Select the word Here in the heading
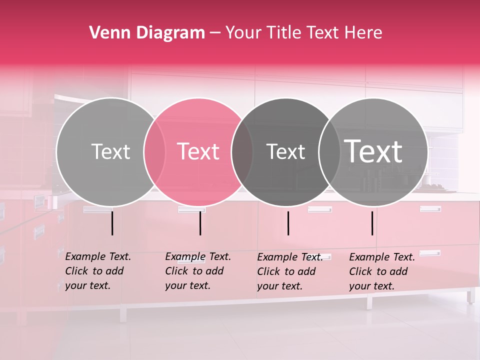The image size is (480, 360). [x=365, y=33]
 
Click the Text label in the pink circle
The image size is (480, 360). [x=198, y=151]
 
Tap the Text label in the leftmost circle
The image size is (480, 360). [x=110, y=151]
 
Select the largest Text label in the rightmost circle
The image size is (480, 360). [x=373, y=151]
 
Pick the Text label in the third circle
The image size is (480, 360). [x=286, y=151]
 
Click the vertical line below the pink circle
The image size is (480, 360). [x=200, y=223]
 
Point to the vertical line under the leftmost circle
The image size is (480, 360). [x=112, y=223]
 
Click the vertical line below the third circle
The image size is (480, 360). [x=288, y=223]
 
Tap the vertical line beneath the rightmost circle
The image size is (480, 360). [x=372, y=223]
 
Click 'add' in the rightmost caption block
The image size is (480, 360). [x=398, y=271]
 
